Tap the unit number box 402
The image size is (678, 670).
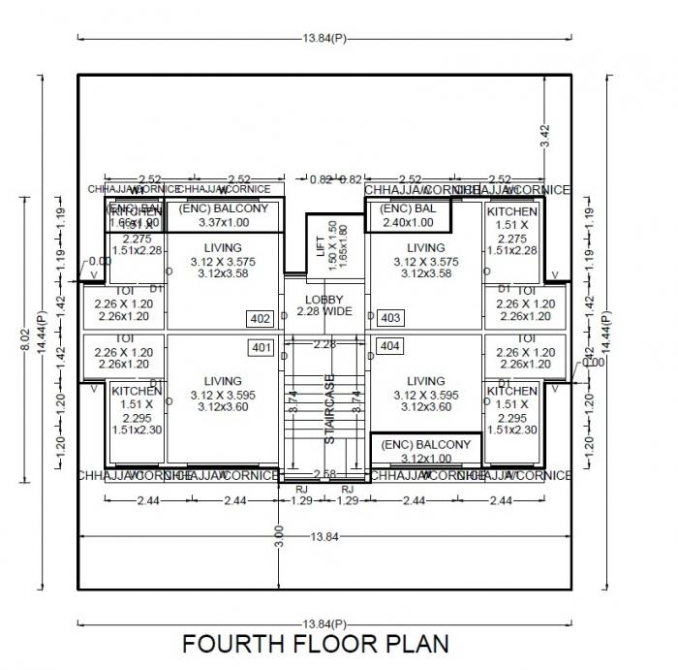coord(261,319)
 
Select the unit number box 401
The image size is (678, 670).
coord(261,347)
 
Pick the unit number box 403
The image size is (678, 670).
coord(390,318)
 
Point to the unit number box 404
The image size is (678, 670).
coord(390,346)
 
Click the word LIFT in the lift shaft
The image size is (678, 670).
coord(322,246)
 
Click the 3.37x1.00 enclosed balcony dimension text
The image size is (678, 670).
coord(224,222)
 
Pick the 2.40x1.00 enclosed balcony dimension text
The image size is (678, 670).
coord(407,222)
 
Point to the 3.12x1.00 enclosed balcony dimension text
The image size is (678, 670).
coord(426,459)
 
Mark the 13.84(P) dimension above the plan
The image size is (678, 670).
coord(324,37)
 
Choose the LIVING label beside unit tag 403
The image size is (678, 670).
coord(425,248)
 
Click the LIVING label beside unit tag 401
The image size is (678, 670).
coord(224,381)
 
